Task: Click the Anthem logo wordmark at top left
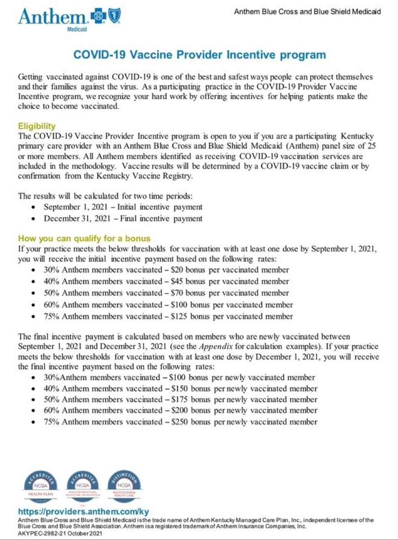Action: [52, 17]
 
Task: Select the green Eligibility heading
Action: [36, 126]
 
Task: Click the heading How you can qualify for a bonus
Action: [84, 238]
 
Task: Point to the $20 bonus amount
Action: [177, 270]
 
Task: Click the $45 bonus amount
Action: [177, 281]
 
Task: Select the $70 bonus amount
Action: [177, 293]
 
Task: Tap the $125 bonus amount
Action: [179, 316]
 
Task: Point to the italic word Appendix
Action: [216, 347]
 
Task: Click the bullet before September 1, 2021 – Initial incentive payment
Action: [33, 207]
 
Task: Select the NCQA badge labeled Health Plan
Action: [41, 485]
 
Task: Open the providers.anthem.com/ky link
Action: [83, 512]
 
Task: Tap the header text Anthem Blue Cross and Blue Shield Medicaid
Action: [307, 12]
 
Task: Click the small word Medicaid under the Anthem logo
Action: [77, 29]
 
